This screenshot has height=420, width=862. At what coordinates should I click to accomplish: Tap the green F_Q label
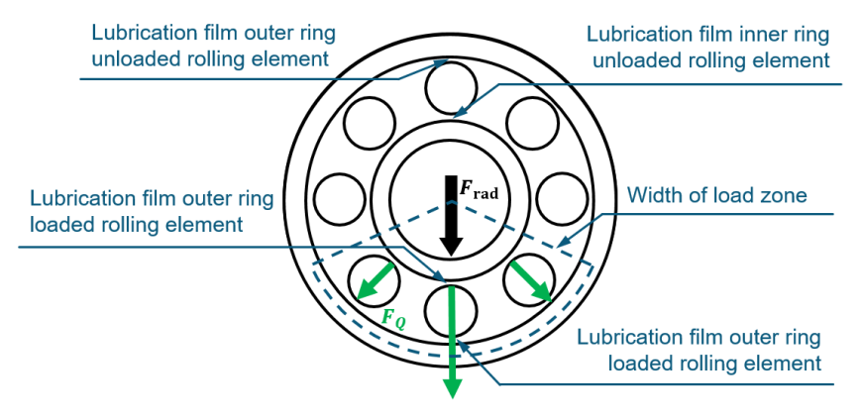click(394, 319)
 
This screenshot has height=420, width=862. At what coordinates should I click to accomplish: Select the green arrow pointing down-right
click(528, 281)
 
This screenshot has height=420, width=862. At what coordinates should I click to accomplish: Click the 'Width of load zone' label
click(716, 195)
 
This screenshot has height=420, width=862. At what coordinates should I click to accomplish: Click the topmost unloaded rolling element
click(452, 87)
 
